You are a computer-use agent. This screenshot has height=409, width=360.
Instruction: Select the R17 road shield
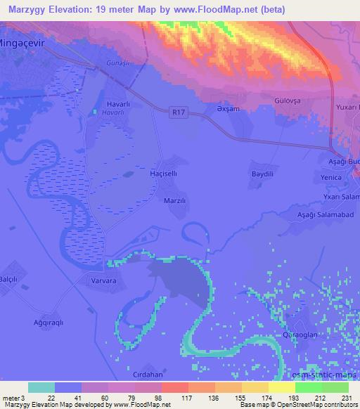pos(179,110)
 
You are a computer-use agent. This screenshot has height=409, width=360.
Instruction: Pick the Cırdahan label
pos(148,375)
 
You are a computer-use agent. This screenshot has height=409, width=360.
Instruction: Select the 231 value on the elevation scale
pos(346,398)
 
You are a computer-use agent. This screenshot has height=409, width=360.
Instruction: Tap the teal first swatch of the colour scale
pos(41,387)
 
